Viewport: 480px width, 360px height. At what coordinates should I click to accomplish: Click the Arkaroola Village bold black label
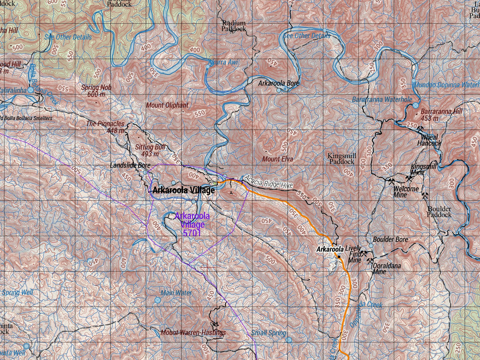[184, 191]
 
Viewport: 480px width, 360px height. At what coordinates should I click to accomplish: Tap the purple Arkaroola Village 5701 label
[192, 224]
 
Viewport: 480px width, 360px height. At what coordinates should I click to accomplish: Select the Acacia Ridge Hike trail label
[268, 182]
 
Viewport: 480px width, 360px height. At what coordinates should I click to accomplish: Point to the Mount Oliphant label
[167, 105]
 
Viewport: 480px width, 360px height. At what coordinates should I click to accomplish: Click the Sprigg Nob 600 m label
[96, 91]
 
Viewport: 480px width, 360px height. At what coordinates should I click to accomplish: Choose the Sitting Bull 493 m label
[150, 150]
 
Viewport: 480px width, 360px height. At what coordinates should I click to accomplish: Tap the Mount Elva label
[277, 159]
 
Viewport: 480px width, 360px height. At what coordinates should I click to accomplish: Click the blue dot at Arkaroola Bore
[279, 90]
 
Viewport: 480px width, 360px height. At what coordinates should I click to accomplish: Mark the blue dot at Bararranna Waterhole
[415, 105]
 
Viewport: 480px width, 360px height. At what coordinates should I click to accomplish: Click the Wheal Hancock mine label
[429, 140]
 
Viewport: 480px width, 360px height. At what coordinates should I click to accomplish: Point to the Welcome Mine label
[406, 192]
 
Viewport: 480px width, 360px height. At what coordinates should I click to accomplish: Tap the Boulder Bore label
[390, 239]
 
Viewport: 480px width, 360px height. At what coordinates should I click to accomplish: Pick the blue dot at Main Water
[157, 300]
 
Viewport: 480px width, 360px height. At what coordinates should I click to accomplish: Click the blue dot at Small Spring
[289, 340]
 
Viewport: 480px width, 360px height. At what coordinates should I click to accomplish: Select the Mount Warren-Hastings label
[193, 332]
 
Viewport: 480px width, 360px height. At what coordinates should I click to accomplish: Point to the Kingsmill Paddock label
[341, 159]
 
